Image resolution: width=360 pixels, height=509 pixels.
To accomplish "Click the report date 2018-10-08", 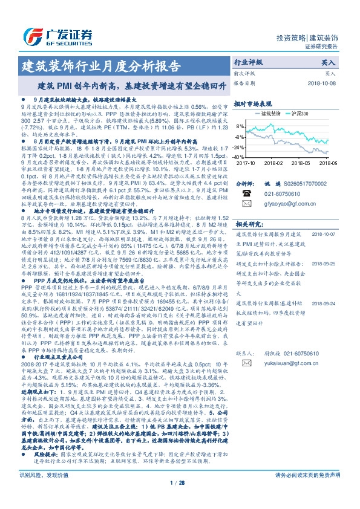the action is click(x=324, y=83).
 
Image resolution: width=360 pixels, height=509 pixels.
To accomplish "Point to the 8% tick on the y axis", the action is click(x=241, y=126).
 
